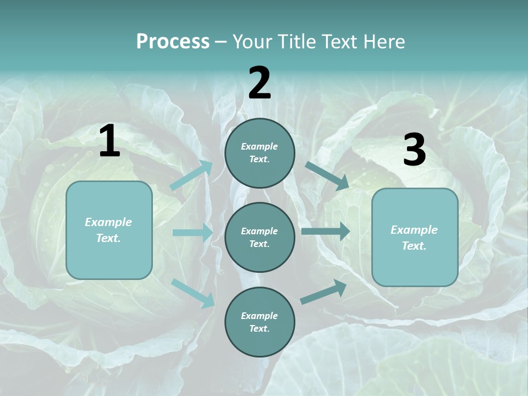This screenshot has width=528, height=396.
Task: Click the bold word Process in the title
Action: [173, 41]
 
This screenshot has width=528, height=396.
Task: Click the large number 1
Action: [109, 141]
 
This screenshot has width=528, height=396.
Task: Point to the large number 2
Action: [260, 83]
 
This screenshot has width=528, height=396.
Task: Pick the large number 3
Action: [414, 150]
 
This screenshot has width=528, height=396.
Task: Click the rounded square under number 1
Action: [109, 230]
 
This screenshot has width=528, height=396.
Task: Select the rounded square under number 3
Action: [415, 237]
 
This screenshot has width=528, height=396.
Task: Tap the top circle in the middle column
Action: [260, 153]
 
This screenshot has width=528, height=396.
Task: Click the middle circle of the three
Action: [260, 237]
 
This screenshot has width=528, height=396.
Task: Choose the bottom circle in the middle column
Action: [260, 322]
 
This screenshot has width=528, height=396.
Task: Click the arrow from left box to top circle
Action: [191, 175]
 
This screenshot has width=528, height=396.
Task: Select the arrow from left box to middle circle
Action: [193, 233]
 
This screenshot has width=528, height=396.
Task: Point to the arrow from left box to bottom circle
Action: [193, 293]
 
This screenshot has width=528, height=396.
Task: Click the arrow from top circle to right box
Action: [327, 175]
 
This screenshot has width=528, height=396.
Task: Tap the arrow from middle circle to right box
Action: [326, 231]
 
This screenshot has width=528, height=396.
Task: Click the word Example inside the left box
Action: [108, 222]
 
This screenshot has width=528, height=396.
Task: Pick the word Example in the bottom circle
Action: [260, 316]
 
